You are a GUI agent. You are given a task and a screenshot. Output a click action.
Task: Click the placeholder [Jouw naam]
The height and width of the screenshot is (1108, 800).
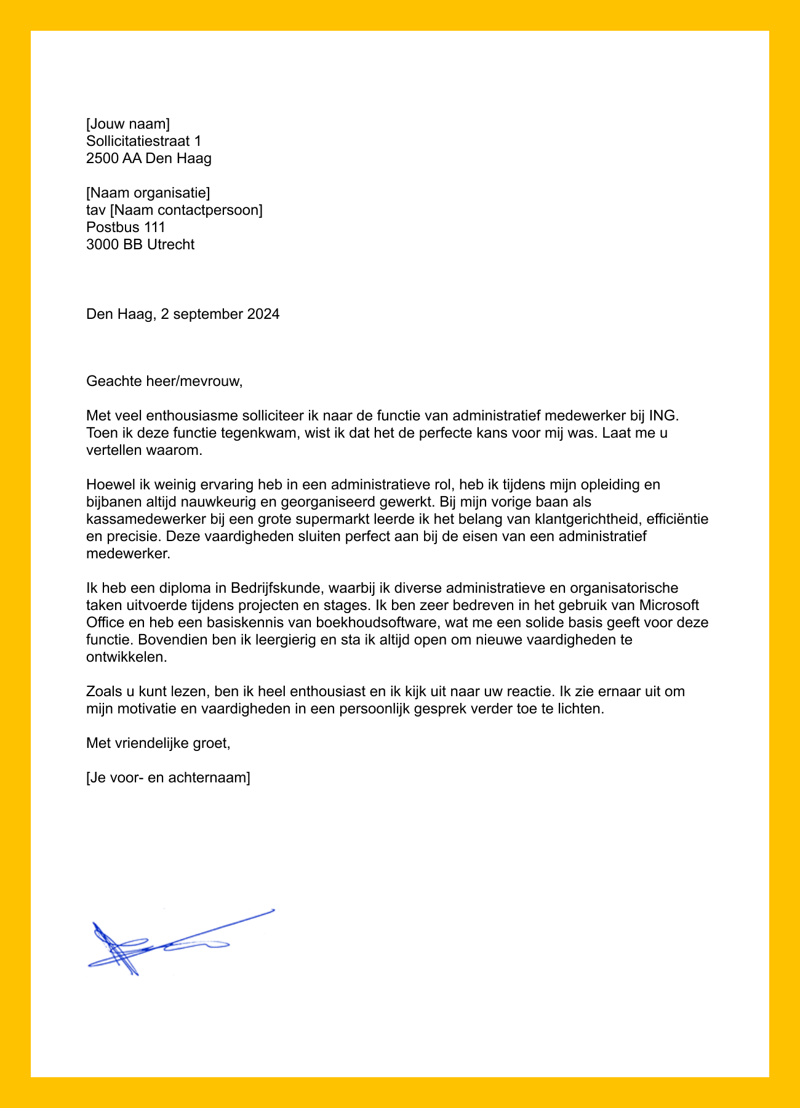(128, 124)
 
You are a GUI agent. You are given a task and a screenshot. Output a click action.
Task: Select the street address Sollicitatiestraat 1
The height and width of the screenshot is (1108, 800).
(143, 142)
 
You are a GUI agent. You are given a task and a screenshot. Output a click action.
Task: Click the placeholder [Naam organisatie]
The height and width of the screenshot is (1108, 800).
(148, 193)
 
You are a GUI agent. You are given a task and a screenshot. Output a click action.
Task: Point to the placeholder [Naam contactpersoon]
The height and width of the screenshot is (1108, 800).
(186, 211)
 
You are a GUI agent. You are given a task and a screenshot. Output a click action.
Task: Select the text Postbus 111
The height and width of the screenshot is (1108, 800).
(126, 228)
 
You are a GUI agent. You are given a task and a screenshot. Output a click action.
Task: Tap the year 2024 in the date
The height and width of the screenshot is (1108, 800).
(263, 315)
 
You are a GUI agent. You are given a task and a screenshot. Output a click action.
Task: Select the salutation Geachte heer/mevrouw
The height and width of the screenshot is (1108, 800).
(164, 381)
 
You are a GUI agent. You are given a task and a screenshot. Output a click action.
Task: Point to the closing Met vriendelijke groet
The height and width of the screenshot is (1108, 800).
(158, 743)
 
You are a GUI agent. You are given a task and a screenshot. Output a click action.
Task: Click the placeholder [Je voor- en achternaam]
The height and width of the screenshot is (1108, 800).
(168, 777)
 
